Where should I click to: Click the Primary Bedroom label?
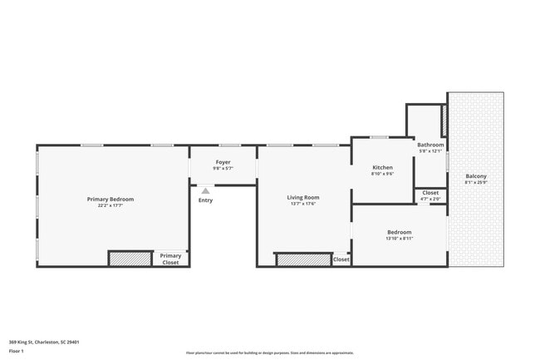pyautogui.click(x=110, y=200)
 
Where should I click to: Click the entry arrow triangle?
pyautogui.click(x=205, y=190)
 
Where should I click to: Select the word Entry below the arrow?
pyautogui.click(x=205, y=200)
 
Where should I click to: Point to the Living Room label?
pyautogui.click(x=303, y=197)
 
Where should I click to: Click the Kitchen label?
pyautogui.click(x=382, y=168)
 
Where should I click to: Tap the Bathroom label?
pyautogui.click(x=429, y=145)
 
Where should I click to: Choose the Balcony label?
pyautogui.click(x=476, y=176)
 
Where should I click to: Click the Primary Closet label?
pyautogui.click(x=170, y=259)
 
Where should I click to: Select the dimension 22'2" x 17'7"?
pyautogui.click(x=110, y=206)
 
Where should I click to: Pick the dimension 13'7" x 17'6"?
pyautogui.click(x=303, y=204)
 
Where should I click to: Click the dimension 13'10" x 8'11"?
pyautogui.click(x=399, y=239)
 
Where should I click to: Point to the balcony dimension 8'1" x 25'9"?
pyautogui.click(x=476, y=183)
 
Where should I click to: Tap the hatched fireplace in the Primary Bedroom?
pyautogui.click(x=130, y=259)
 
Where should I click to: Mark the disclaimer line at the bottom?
pyautogui.click(x=269, y=353)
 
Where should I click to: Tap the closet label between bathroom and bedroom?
pyautogui.click(x=430, y=193)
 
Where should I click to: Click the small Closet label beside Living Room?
pyautogui.click(x=341, y=259)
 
